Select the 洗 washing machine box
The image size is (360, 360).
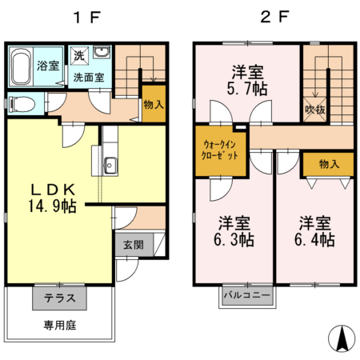click(x=78, y=56)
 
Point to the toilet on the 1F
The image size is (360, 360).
click(x=19, y=104)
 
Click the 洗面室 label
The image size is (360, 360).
click(x=89, y=78)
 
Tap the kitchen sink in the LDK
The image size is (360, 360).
click(x=110, y=166)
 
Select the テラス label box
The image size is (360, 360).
click(x=59, y=298)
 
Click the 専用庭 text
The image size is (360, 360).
click(x=59, y=326)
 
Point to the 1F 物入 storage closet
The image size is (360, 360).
click(x=154, y=104)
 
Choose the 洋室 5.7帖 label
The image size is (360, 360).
click(x=246, y=80)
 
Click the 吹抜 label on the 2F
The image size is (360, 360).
click(x=314, y=109)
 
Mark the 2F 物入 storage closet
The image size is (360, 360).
click(x=328, y=164)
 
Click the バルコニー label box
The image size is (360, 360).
click(x=246, y=296)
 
